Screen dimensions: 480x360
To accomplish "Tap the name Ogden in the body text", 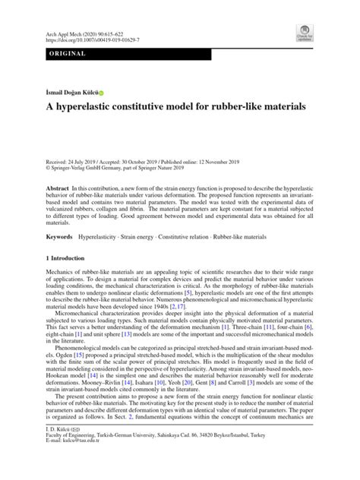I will pyautogui.click(x=59, y=375).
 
